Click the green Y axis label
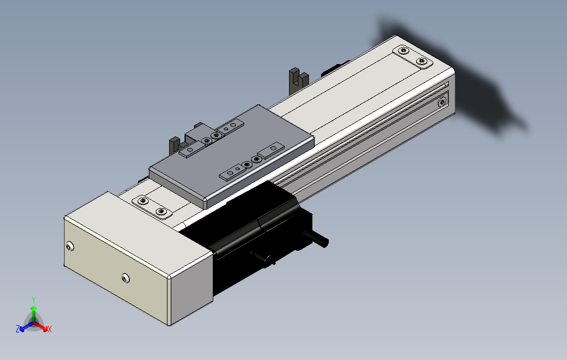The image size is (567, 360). click(x=34, y=300)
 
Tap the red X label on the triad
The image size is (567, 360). click(x=50, y=329)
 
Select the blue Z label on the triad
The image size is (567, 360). click(x=17, y=329)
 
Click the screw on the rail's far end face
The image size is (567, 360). click(x=442, y=102)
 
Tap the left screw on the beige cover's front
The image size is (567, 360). click(x=70, y=247)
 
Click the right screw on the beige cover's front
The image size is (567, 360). click(x=125, y=279)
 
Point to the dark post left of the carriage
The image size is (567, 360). click(x=174, y=146)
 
